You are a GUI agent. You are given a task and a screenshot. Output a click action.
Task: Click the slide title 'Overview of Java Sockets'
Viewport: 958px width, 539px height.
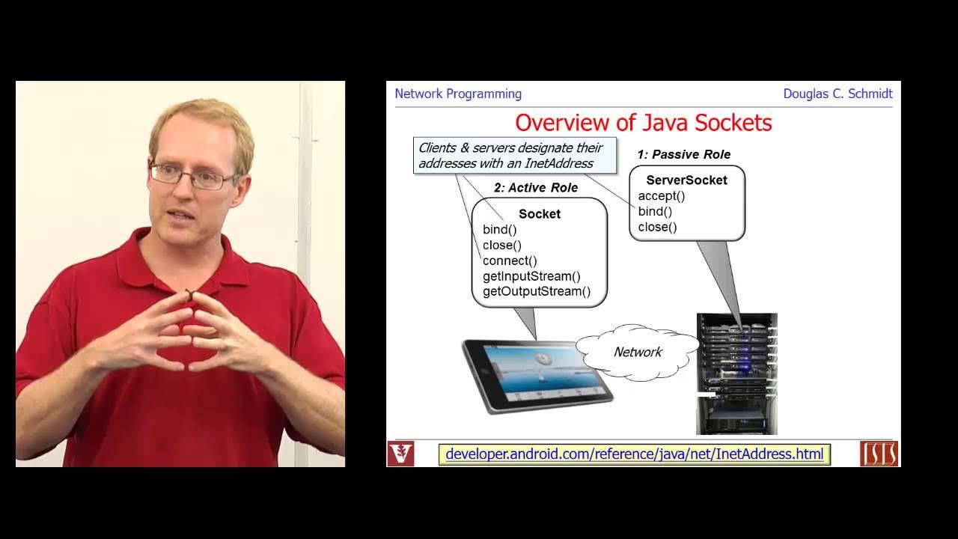tap(643, 122)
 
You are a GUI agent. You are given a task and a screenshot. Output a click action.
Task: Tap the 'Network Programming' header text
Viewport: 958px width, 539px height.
tap(458, 94)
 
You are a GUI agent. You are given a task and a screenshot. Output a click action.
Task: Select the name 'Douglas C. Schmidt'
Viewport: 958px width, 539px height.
tap(838, 94)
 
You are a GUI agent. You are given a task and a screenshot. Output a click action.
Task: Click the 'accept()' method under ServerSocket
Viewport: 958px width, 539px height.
tap(661, 196)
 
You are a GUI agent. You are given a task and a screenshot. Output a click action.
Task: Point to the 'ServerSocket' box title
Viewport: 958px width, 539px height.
tap(686, 180)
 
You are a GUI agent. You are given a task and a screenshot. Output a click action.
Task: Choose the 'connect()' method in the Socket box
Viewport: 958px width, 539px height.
tap(510, 261)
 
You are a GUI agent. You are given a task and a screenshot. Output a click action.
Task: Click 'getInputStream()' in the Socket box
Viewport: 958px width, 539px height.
tap(531, 276)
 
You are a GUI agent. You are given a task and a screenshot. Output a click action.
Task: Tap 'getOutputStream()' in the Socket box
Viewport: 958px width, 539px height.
tap(536, 292)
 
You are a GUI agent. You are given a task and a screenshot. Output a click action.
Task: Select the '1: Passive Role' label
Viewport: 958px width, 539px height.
tap(683, 154)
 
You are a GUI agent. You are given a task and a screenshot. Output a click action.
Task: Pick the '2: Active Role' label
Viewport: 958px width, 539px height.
tap(535, 188)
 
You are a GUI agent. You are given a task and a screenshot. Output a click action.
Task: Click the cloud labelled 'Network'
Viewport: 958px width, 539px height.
tap(637, 352)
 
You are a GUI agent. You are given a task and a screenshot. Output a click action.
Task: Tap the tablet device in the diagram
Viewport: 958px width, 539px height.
tap(537, 374)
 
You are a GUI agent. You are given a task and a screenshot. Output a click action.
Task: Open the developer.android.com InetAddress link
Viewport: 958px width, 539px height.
tap(634, 454)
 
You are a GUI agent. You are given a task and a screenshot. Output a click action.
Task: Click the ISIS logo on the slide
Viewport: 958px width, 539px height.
tap(879, 454)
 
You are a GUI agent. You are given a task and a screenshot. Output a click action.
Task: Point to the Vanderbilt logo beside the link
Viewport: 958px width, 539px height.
tap(400, 454)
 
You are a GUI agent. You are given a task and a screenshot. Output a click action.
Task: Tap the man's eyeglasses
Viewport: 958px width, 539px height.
tap(192, 176)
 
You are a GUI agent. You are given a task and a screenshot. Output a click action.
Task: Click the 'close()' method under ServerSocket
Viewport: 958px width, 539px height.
tap(657, 227)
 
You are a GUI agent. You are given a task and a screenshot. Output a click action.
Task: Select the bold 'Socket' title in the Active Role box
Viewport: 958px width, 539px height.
tap(539, 214)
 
